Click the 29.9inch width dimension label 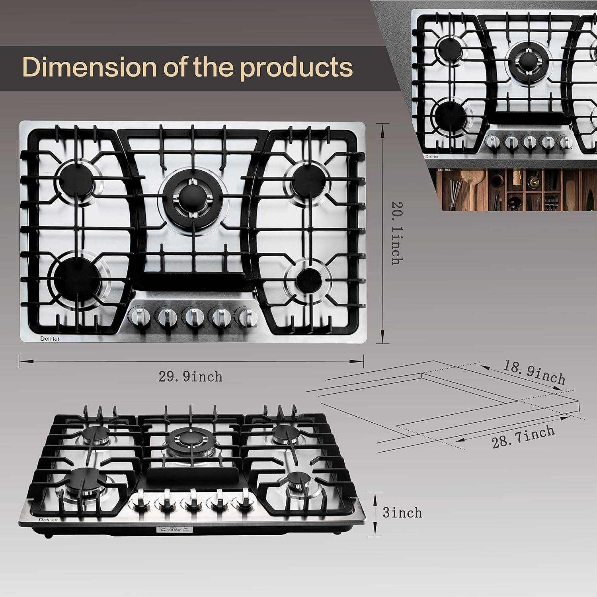190,377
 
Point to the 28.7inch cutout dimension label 523,437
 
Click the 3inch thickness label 402,513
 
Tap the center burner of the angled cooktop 189,439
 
